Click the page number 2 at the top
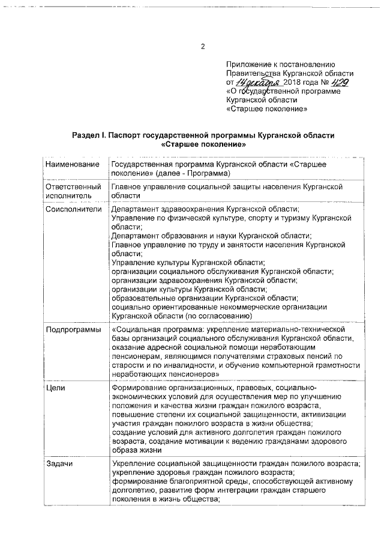pos(203,47)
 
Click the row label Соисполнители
pos(73,209)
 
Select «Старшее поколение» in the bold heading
pos(203,145)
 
